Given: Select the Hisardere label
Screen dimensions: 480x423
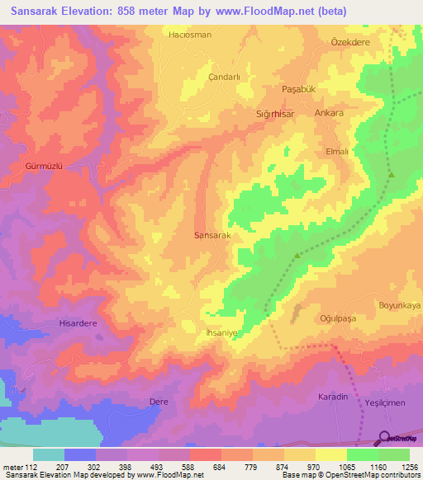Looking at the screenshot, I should click(78, 323).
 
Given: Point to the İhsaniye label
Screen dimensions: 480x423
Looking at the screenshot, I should click(221, 332).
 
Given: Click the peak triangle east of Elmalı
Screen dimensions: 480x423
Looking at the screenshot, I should click(392, 174).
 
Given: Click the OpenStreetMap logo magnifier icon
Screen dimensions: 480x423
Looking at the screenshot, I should click(384, 438).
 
